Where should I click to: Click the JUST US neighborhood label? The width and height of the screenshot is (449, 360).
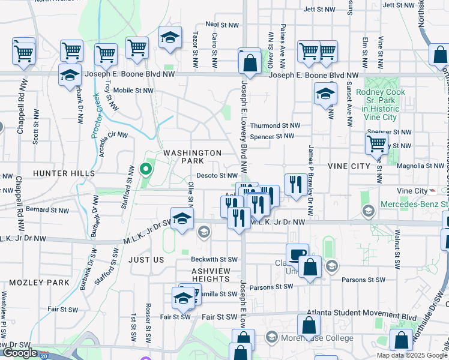[x=146, y=260]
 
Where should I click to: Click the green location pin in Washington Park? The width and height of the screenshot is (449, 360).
[x=145, y=170]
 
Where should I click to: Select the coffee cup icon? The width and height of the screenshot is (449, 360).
[x=297, y=254]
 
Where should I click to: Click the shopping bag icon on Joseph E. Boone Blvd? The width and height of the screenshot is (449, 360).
[x=249, y=62]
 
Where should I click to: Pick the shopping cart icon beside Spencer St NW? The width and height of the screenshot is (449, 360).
[x=376, y=143]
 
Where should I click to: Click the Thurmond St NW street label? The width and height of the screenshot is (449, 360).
[x=274, y=126]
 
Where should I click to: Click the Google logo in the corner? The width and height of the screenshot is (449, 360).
[x=20, y=353]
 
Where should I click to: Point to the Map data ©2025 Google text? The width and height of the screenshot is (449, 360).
[x=412, y=355]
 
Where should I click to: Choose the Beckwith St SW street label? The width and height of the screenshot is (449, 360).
[x=214, y=260]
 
